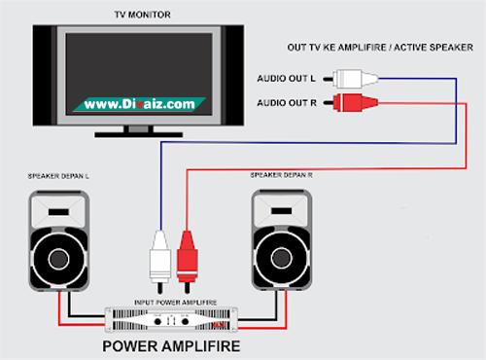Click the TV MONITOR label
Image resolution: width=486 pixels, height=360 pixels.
(142, 15)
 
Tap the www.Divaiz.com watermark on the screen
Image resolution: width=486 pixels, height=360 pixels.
(139, 104)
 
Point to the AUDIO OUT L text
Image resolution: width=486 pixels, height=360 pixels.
(286, 79)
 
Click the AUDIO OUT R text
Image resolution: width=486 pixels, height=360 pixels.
(287, 103)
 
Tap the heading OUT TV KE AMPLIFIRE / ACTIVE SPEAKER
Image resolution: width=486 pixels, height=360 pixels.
(380, 48)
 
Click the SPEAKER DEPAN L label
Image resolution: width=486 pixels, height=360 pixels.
(58, 176)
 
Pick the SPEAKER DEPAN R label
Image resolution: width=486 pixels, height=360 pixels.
(281, 175)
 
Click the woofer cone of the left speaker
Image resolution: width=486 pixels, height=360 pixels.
(58, 259)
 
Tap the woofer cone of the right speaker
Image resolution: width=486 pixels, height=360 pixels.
(282, 258)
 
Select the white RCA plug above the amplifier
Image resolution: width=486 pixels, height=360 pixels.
(159, 261)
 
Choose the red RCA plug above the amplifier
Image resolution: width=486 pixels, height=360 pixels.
(187, 261)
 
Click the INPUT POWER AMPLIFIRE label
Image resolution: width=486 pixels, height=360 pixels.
(175, 303)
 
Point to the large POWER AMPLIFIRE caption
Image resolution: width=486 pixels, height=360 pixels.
(171, 346)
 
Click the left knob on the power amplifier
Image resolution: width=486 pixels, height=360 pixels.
(157, 322)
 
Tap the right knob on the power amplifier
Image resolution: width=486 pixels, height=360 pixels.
(185, 322)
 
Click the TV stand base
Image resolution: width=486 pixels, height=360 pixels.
(139, 134)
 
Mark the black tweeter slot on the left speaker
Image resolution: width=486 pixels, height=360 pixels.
(58, 212)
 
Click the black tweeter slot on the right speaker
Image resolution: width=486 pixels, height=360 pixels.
(281, 211)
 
